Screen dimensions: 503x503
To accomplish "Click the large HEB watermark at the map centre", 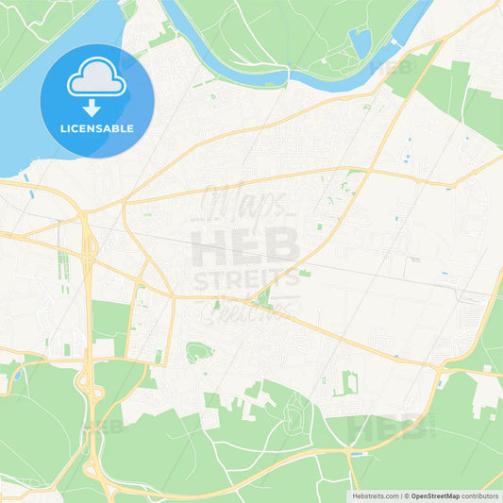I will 246,248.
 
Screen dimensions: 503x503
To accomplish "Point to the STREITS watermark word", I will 246,281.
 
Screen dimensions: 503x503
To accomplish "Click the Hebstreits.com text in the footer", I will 373,495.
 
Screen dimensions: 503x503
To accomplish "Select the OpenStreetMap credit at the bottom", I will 435,495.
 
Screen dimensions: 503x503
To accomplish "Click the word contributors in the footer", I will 480,495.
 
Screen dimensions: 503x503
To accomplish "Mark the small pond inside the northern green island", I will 360,41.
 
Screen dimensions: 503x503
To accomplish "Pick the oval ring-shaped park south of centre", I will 196,353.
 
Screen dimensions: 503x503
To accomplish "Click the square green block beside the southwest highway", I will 109,321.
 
